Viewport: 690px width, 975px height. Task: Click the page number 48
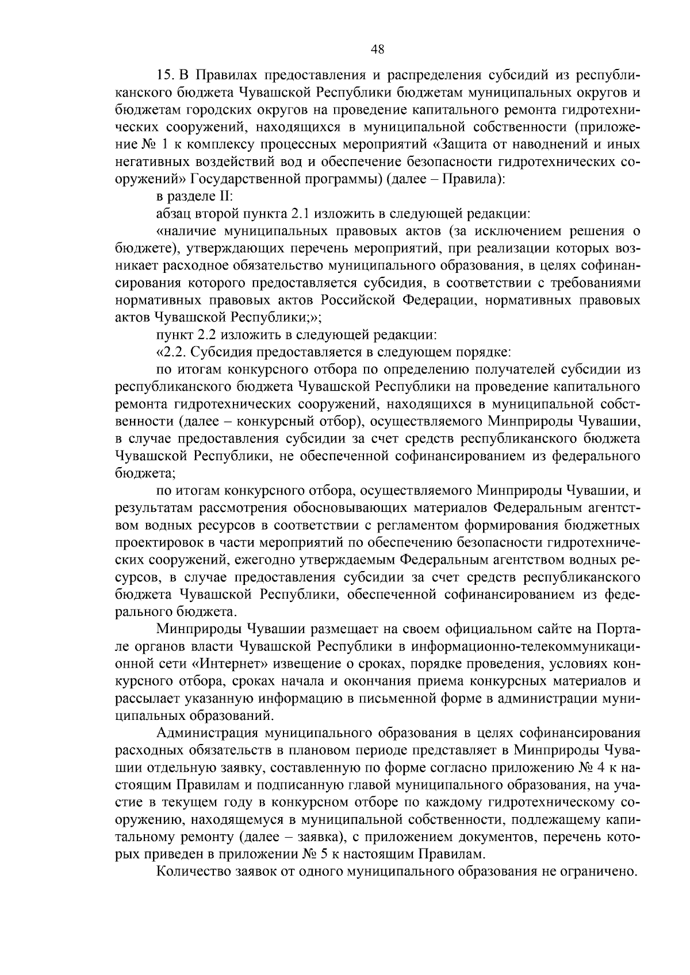[x=377, y=49]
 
